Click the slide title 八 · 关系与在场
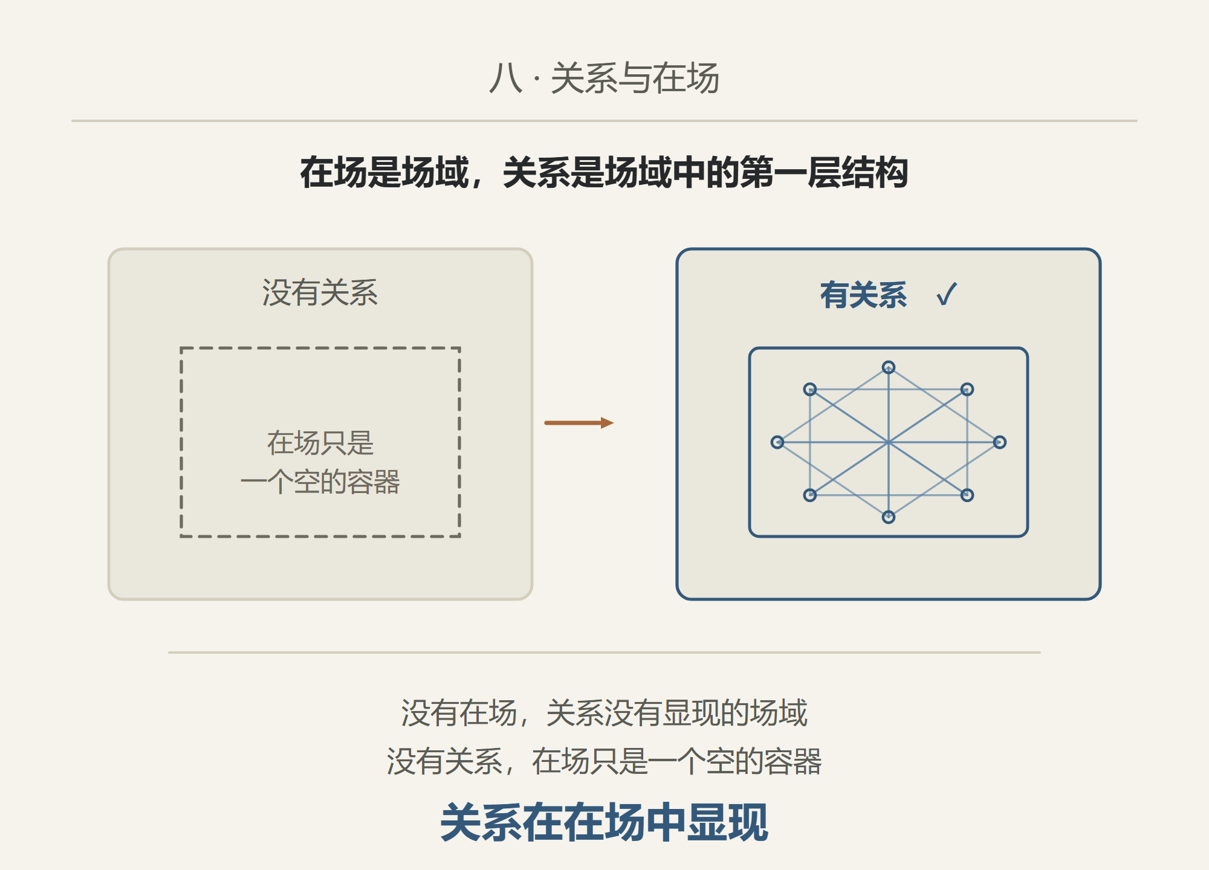click(604, 79)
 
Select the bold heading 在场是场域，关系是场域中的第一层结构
click(604, 173)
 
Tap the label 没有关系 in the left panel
click(320, 293)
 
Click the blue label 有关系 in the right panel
click(863, 295)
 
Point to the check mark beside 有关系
click(947, 295)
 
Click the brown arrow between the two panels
click(579, 423)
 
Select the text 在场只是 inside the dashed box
click(320, 443)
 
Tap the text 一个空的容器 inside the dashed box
click(320, 482)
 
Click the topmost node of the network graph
click(889, 367)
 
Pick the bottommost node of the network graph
click(889, 517)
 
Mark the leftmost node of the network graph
click(777, 442)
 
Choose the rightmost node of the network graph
click(1000, 442)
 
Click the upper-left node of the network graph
click(810, 389)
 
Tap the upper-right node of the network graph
click(967, 389)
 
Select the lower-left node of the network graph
click(810, 495)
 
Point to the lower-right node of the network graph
click(967, 495)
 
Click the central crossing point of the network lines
click(889, 442)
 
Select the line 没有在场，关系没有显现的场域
click(604, 713)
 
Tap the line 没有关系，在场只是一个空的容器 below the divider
click(604, 761)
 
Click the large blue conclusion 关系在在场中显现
click(604, 822)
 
